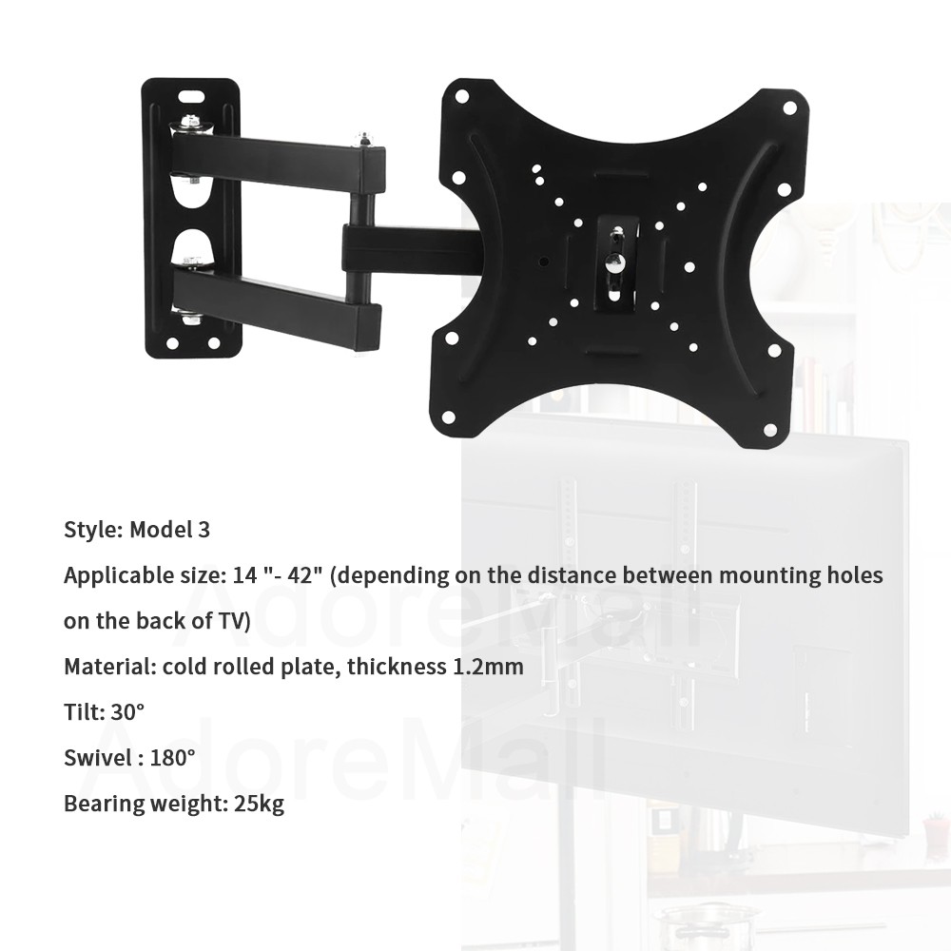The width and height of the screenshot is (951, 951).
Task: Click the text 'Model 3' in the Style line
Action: [x=170, y=530]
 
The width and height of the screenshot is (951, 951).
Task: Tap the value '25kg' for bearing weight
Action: [x=259, y=804]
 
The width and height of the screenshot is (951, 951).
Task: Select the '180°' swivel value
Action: [x=172, y=758]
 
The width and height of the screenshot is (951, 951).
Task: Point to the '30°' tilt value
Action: [x=127, y=712]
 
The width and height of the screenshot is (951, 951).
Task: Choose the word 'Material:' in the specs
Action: [x=109, y=667]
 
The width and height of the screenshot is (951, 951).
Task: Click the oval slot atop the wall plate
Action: [x=192, y=96]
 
